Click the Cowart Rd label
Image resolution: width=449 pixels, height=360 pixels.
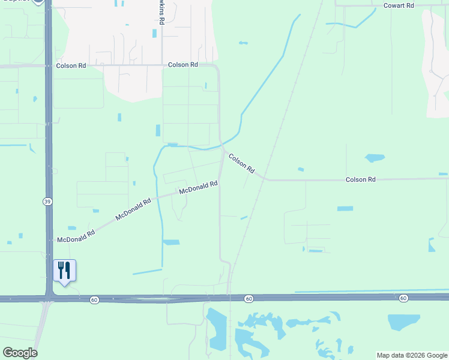tap(399, 5)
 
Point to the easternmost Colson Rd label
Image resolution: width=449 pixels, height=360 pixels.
tap(360, 179)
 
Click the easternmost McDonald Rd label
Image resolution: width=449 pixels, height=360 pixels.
tap(198, 188)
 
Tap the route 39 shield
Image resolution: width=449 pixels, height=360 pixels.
tap(47, 202)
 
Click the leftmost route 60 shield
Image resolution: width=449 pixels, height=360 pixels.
tap(94, 299)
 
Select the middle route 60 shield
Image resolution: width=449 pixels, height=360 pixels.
tap(248, 298)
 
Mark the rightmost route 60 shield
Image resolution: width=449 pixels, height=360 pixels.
tap(403, 298)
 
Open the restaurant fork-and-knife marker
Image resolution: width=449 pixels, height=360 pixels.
tap(64, 271)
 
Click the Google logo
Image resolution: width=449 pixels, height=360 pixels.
tap(20, 353)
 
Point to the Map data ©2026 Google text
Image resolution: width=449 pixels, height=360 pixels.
tap(411, 355)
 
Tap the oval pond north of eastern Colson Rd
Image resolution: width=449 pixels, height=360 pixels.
tap(375, 158)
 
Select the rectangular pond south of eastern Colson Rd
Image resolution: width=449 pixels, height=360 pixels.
tap(345, 208)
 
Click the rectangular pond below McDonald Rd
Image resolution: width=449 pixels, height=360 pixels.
tap(171, 242)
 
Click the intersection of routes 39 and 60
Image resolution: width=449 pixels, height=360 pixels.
tap(48, 298)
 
